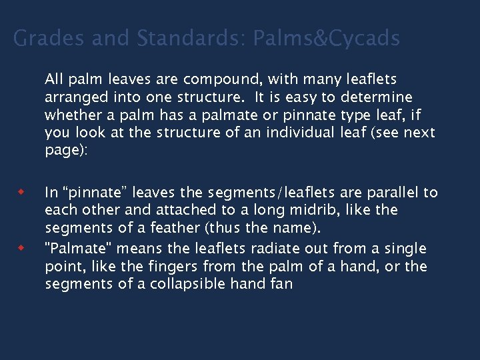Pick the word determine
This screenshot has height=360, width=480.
point(377,97)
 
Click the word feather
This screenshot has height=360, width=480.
point(175,228)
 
